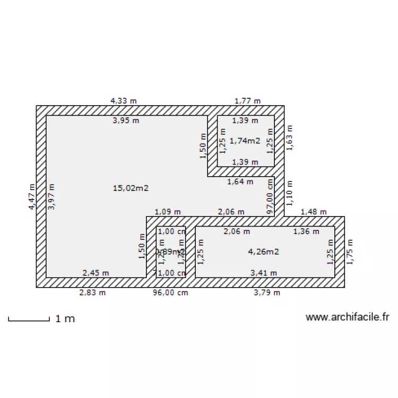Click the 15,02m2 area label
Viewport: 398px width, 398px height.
131,188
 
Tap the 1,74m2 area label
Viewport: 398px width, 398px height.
245,141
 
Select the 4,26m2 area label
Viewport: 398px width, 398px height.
263,252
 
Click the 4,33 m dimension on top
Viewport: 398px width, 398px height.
123,100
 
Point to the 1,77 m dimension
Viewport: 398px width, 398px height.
248,100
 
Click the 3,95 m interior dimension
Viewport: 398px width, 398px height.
126,120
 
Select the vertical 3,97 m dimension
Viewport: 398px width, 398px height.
51,197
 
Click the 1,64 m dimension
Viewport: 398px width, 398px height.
240,181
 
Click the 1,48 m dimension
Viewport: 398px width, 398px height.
314,212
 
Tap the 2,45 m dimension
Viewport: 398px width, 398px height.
96,273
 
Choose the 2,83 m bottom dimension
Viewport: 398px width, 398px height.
92,292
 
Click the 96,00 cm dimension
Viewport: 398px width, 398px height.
170,292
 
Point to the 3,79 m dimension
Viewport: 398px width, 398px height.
266,292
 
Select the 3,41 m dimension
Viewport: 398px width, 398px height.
264,273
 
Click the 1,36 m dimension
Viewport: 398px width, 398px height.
307,231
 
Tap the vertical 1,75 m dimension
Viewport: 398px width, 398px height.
349,251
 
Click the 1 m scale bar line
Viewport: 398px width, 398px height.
29,319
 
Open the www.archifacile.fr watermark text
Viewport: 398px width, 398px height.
348,317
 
